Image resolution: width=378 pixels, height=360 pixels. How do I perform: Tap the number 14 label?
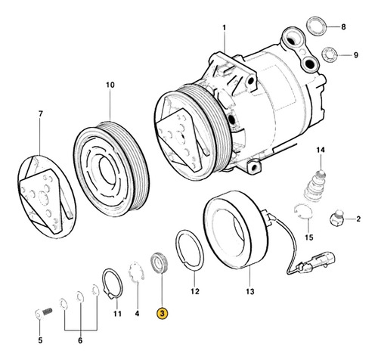[x=320, y=151]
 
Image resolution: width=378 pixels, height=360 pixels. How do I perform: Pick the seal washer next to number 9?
[x=327, y=54]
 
